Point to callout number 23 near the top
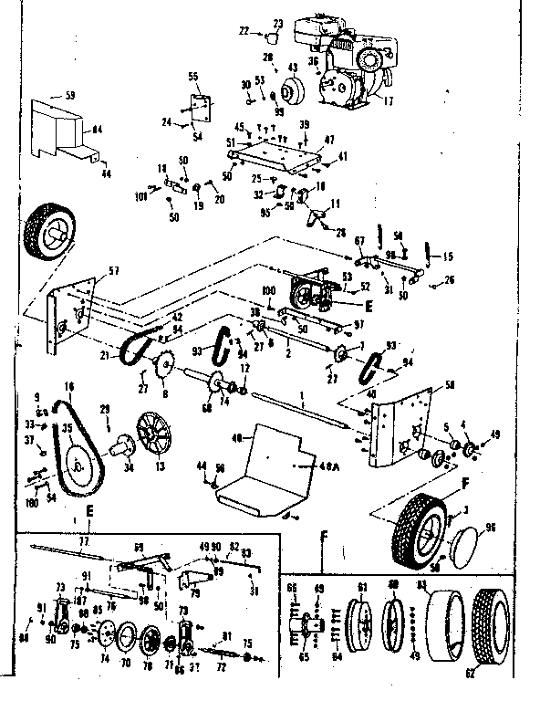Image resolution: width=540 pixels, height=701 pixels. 278,23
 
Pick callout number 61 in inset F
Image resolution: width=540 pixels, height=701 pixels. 360,586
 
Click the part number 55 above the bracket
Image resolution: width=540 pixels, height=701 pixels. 193,76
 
